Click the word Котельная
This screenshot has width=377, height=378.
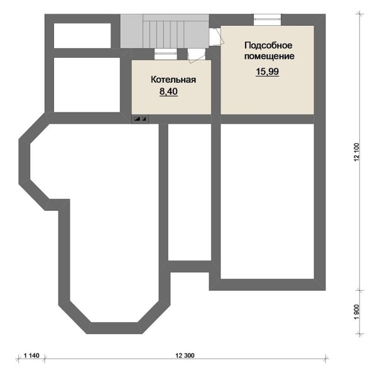pyautogui.click(x=173, y=80)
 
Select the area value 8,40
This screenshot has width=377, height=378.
pyautogui.click(x=168, y=92)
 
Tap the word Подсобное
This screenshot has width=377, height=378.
pyautogui.click(x=268, y=45)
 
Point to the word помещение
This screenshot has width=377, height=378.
pyautogui.click(x=269, y=57)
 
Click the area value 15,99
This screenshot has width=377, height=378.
pyautogui.click(x=267, y=72)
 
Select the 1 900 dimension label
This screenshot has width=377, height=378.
pyautogui.click(x=357, y=312)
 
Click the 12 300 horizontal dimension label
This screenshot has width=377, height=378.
pyautogui.click(x=185, y=355)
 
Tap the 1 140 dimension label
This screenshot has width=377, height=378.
pyautogui.click(x=31, y=355)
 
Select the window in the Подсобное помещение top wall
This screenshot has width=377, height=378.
pyautogui.click(x=267, y=19)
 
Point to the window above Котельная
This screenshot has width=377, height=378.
pyautogui.click(x=165, y=54)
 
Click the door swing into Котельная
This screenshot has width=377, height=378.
pyautogui.click(x=196, y=56)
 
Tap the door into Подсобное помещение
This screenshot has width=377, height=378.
pyautogui.click(x=217, y=36)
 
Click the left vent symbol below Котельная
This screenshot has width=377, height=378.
pyautogui.click(x=137, y=119)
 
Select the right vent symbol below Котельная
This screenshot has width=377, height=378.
pyautogui.click(x=144, y=119)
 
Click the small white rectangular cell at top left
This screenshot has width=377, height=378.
pyautogui.click(x=82, y=36)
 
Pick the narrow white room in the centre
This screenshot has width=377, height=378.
pyautogui.click(x=190, y=192)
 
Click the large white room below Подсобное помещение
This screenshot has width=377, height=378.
pyautogui.click(x=267, y=202)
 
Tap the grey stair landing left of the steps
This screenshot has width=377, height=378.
pyautogui.click(x=132, y=31)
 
